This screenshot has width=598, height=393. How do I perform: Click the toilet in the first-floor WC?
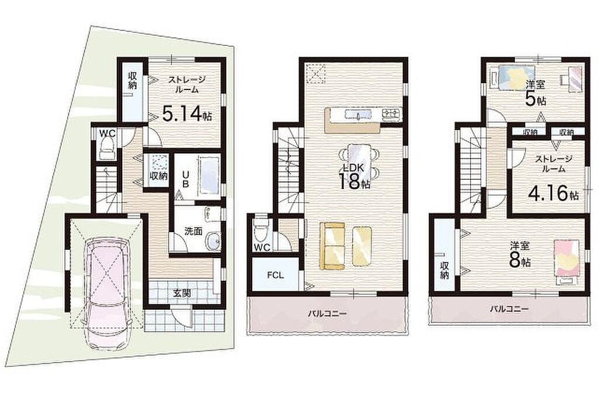click(106, 149)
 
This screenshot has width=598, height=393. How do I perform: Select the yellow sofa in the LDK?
click(332, 246)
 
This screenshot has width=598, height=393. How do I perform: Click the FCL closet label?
click(275, 275)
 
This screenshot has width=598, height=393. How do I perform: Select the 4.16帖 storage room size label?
click(553, 194)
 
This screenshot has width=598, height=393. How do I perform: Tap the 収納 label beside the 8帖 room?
click(444, 270)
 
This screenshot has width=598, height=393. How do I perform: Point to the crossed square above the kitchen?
click(317, 73)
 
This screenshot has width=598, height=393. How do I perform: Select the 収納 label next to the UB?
click(158, 176)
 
